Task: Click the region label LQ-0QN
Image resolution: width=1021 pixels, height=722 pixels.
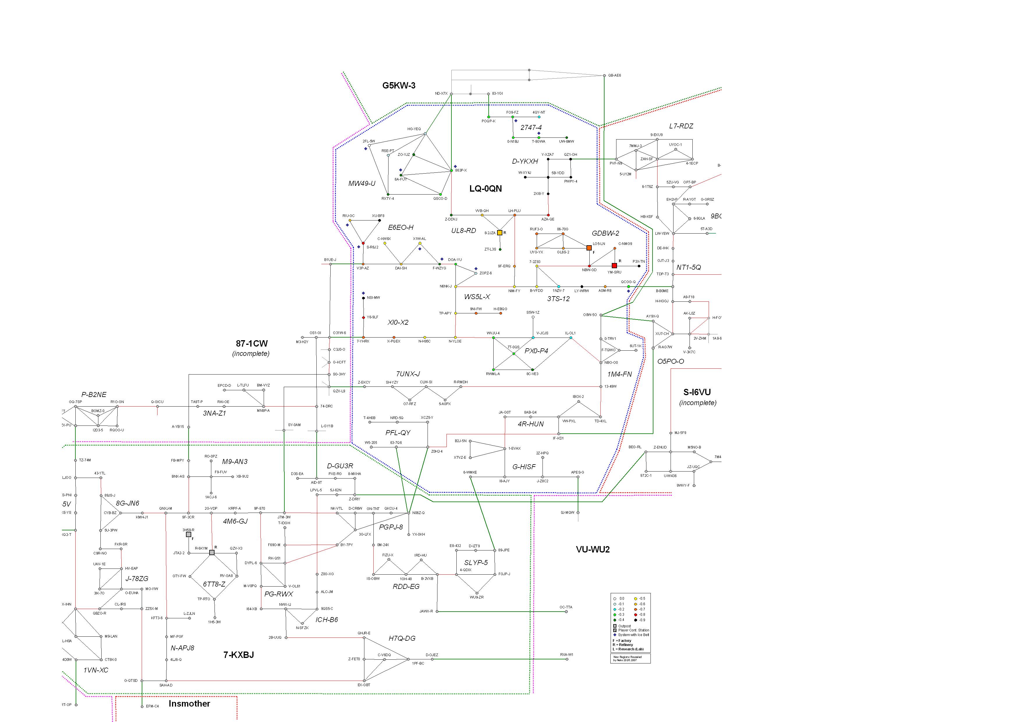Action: pos(485,189)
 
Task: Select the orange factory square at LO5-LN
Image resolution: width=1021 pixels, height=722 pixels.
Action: pos(589,248)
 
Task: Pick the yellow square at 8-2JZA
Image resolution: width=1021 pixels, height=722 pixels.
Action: pos(499,233)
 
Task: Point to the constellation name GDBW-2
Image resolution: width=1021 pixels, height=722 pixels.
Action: pos(605,233)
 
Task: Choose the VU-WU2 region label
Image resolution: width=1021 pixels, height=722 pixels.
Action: pos(593,549)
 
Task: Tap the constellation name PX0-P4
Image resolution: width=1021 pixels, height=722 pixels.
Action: pos(536,351)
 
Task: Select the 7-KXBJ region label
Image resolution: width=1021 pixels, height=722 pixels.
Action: pos(238,655)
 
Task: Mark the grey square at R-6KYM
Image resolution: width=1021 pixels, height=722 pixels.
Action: pos(212,552)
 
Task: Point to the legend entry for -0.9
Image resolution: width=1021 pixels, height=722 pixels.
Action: pos(642,620)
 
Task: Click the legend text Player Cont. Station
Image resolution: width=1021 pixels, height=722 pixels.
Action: pos(633,630)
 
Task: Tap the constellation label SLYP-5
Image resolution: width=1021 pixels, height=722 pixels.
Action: pos(476,563)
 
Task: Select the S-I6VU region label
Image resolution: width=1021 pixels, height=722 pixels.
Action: pos(697,392)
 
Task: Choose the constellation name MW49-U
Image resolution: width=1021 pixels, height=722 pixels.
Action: pos(361,183)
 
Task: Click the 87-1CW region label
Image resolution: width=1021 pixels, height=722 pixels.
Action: pos(252,343)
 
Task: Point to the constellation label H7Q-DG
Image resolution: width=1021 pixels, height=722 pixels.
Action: pos(402,638)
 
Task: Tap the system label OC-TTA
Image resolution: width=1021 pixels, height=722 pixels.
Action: pos(566,607)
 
